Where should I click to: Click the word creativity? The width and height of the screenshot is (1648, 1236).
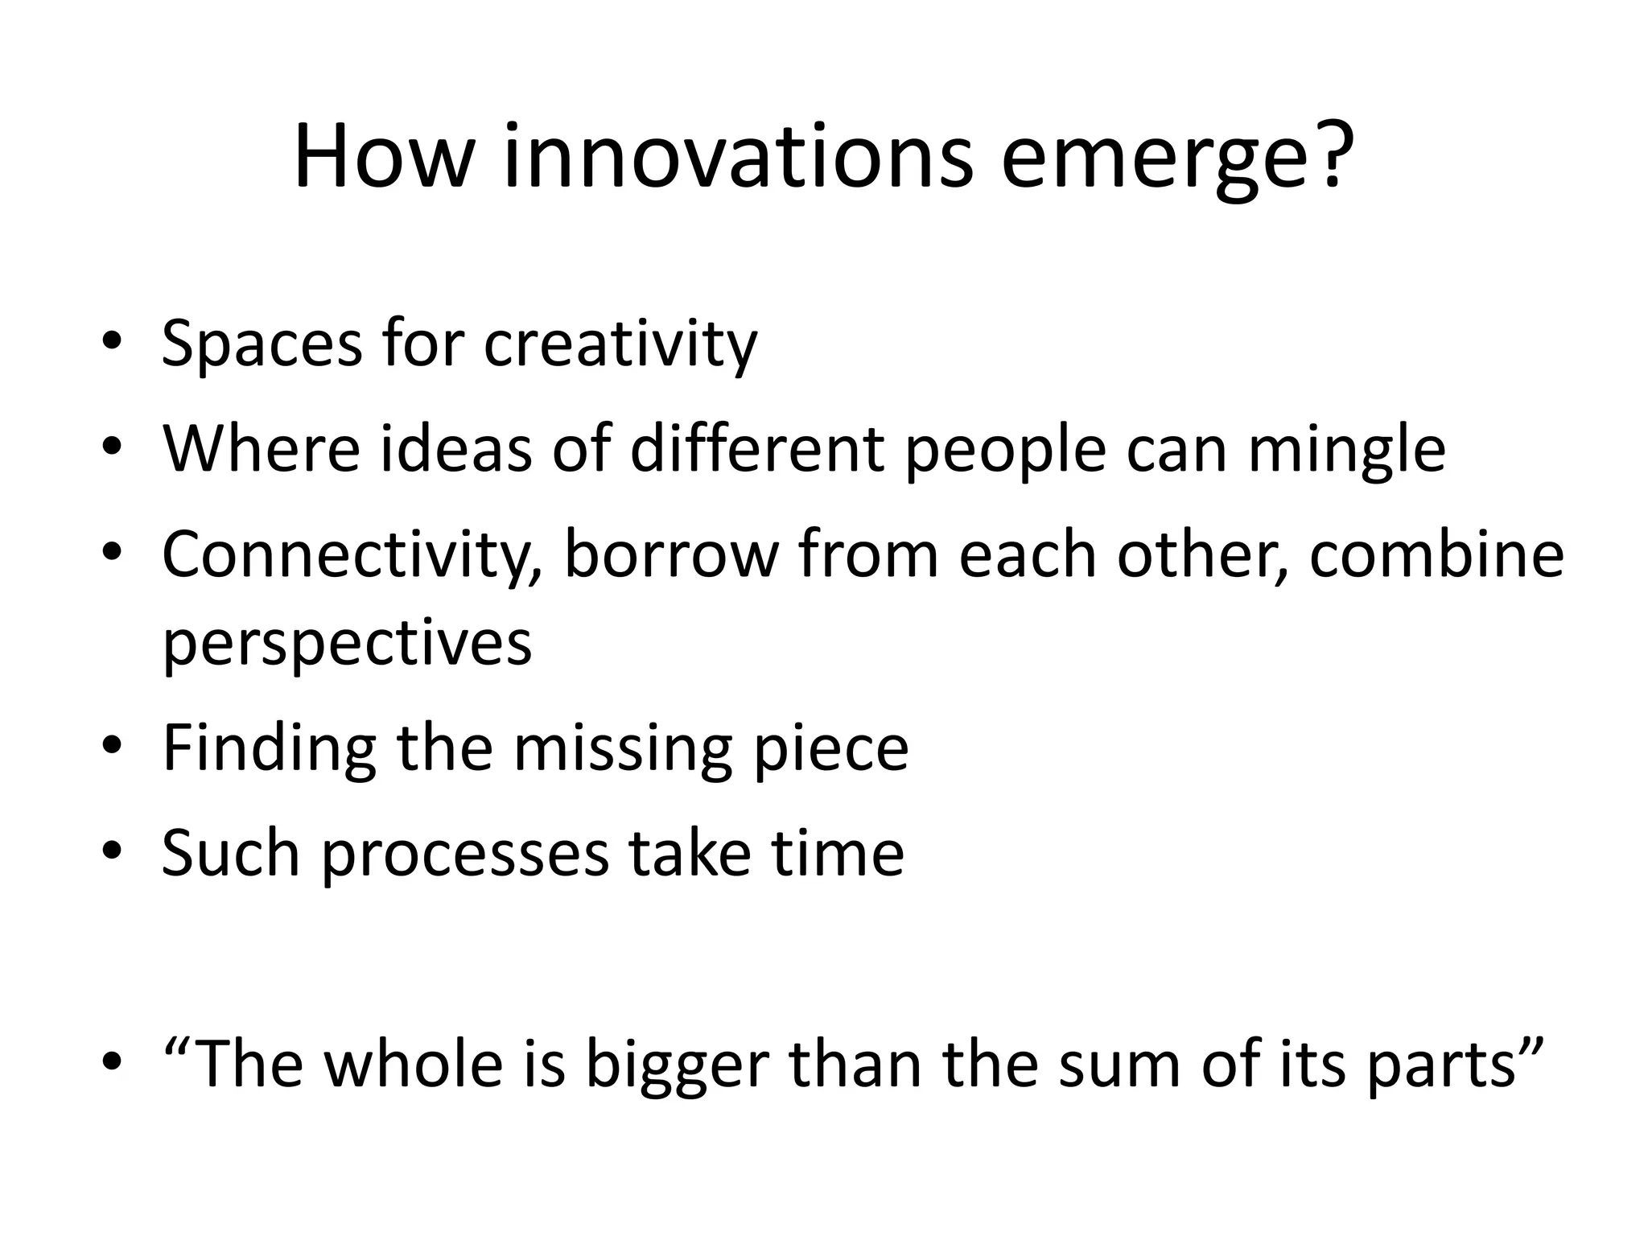pos(620,344)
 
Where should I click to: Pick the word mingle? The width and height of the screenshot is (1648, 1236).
pos(1346,450)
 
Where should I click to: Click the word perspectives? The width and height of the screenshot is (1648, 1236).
pos(347,644)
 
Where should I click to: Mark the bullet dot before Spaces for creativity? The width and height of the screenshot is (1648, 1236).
pos(112,340)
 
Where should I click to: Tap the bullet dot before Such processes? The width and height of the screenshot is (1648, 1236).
pos(112,850)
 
